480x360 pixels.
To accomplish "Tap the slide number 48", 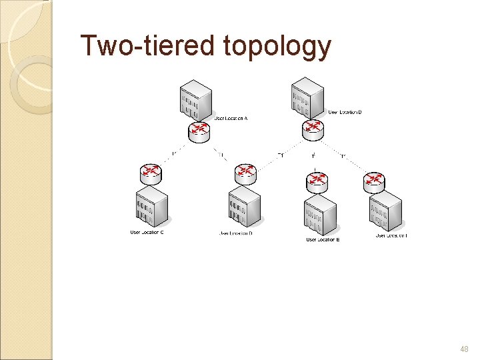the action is click(464, 349).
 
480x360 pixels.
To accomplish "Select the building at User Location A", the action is click(195, 100).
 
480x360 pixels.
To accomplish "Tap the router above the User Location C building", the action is click(151, 173).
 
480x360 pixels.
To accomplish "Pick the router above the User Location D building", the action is click(246, 173).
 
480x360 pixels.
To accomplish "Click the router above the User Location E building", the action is click(315, 181).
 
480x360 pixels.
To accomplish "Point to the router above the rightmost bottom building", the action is click(375, 181).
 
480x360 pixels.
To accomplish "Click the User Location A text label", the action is click(231, 119).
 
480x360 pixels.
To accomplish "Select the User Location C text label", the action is click(147, 232).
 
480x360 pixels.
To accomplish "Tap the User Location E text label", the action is click(323, 239).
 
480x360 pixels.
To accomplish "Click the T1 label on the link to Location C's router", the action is click(174, 155).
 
